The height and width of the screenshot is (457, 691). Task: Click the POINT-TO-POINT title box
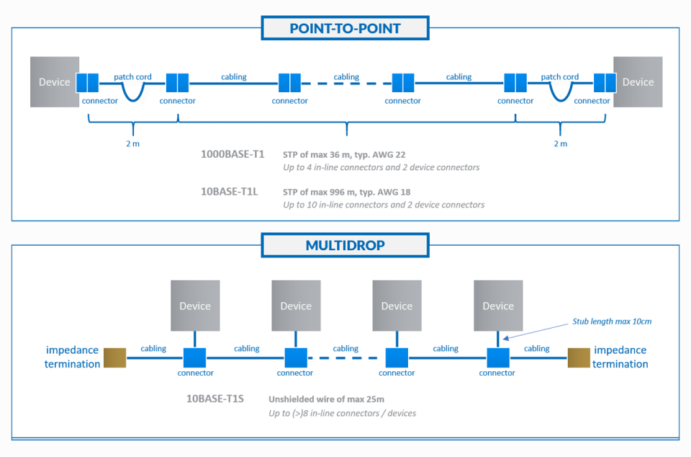[x=345, y=29]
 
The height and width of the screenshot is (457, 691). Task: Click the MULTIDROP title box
[x=345, y=245]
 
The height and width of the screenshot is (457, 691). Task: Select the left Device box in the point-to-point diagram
[x=54, y=82]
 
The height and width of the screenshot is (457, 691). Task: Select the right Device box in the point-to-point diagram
[x=638, y=82]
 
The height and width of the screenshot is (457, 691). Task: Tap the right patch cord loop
[x=560, y=92]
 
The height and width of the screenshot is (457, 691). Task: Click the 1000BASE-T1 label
[x=232, y=154]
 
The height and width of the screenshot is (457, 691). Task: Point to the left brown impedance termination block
[x=114, y=358]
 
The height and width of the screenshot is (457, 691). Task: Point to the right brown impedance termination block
[x=578, y=358]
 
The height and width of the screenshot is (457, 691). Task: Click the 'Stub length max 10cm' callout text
[x=612, y=321]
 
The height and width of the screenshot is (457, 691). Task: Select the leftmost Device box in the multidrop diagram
[x=195, y=306]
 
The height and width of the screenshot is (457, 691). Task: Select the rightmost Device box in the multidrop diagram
[x=498, y=306]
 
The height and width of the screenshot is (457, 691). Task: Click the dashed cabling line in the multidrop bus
[x=345, y=358]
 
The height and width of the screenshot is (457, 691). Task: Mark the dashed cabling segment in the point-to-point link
[x=346, y=84]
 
